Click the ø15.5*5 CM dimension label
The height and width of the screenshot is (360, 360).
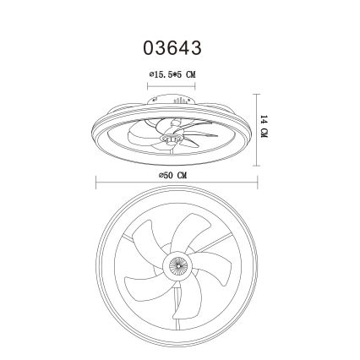pos(172,74)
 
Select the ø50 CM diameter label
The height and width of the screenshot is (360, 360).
pos(172,175)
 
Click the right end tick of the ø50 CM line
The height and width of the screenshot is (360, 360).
pos(257,183)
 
